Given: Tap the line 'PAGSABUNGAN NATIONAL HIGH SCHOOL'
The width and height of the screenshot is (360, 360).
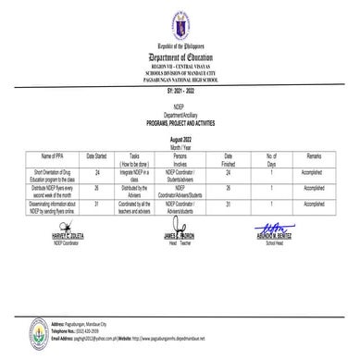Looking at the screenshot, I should click(x=180, y=80).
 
